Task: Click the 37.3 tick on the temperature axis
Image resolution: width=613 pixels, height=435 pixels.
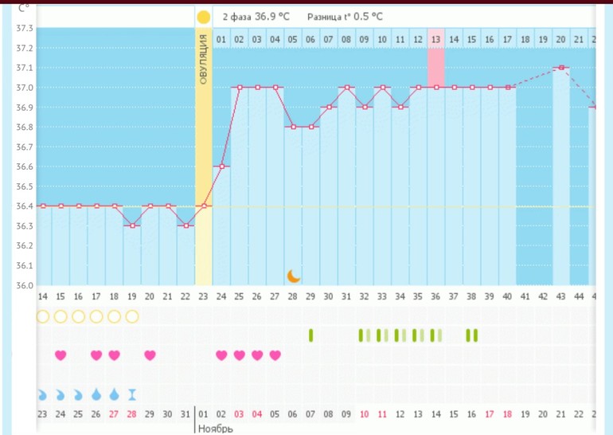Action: coord(24,29)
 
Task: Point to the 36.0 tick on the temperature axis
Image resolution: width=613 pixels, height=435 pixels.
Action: coord(24,285)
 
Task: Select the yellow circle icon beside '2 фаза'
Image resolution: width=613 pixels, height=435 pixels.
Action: coord(204,17)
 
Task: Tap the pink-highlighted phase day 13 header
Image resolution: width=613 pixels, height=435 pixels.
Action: coord(435,39)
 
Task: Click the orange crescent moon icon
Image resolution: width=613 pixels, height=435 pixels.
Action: coord(294,276)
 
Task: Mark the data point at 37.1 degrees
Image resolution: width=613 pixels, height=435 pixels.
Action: coord(561,68)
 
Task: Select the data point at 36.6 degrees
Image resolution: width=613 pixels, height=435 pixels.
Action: coord(222,167)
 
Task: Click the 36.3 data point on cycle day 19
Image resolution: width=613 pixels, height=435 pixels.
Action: coord(131,225)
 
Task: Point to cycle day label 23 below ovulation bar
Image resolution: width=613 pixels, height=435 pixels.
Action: coord(204,296)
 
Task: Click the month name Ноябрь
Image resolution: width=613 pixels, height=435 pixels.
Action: coord(215,428)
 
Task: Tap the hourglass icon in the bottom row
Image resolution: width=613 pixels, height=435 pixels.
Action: coord(132,394)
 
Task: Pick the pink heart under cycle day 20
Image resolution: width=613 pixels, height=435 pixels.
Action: coord(150,355)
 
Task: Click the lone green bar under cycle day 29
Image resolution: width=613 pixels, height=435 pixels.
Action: coord(310,335)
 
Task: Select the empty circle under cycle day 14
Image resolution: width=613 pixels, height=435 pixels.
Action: coord(43,316)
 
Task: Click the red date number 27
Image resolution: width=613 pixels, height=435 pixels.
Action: coord(114,414)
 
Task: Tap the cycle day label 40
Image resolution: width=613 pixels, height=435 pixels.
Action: coord(507,296)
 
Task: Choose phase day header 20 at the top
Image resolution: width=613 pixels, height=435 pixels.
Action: coord(560,39)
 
